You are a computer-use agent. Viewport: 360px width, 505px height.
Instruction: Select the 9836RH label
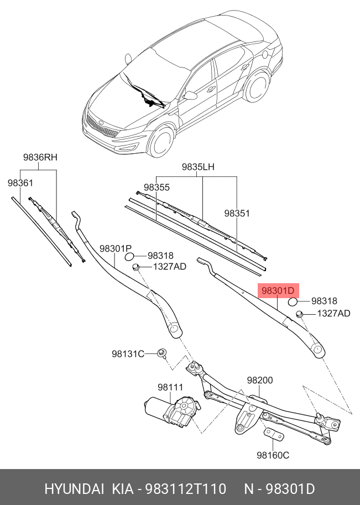[40, 158]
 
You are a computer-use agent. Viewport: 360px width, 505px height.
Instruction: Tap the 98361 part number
[20, 183]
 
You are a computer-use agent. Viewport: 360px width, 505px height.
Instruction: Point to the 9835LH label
[198, 166]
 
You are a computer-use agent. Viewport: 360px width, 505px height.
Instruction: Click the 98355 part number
[156, 188]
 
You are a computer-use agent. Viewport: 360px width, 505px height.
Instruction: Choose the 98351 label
[237, 212]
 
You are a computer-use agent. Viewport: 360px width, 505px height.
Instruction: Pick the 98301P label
[115, 248]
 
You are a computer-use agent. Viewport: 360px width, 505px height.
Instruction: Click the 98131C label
[128, 353]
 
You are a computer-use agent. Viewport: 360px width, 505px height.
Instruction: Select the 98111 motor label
[170, 387]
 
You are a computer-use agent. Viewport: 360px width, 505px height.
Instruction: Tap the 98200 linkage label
[259, 381]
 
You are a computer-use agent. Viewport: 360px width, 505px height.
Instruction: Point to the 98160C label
[273, 456]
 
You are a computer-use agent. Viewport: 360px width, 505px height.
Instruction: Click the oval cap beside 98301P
[130, 256]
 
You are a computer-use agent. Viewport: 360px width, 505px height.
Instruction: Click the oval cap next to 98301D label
[293, 301]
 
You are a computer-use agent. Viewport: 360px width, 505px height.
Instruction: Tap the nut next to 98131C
[162, 353]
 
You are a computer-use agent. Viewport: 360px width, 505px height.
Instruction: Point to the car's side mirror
[190, 96]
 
